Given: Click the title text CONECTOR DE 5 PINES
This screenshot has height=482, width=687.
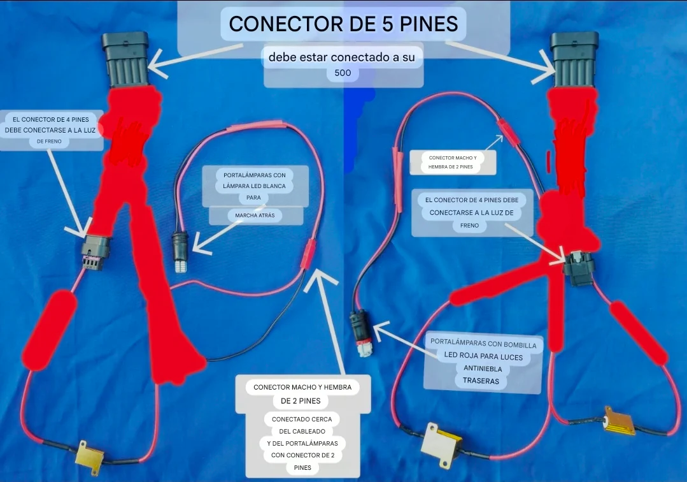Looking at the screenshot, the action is click(x=344, y=24).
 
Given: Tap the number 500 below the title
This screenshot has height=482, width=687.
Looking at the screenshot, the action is click(x=343, y=73).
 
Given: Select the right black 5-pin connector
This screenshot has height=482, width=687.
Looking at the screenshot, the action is click(x=574, y=59).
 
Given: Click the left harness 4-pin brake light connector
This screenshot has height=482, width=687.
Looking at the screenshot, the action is click(x=95, y=252).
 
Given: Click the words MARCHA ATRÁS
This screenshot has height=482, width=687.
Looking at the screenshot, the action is click(x=255, y=215).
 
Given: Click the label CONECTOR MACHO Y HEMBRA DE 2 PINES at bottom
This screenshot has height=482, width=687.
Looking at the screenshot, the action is click(x=302, y=394).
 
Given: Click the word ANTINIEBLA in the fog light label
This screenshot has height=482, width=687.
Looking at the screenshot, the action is click(x=483, y=369).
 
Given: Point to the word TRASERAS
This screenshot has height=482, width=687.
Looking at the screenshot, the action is click(x=481, y=381).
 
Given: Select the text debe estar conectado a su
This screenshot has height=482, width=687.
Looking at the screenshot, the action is click(x=342, y=57).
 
